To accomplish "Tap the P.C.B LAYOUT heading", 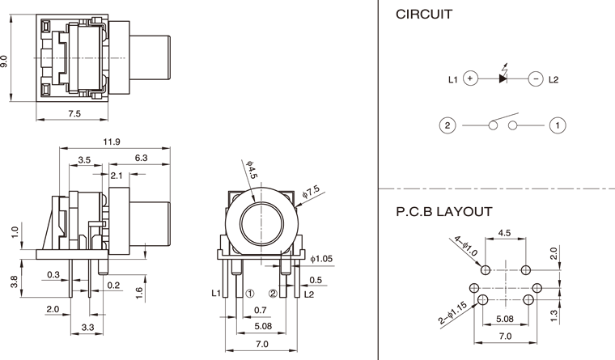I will click(443, 212).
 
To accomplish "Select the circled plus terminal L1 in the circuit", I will click(472, 79).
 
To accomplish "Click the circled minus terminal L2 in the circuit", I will click(535, 79).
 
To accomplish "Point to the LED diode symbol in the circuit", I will click(503, 78).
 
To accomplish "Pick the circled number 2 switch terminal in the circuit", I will click(446, 125).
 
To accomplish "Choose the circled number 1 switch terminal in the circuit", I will click(557, 125).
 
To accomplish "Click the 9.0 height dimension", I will click(6, 61).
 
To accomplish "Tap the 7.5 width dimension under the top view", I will click(74, 114).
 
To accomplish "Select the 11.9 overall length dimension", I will click(112, 142).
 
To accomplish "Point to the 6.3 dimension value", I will click(140, 159).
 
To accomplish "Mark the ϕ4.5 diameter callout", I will click(251, 170).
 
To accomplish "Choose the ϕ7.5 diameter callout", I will click(310, 191).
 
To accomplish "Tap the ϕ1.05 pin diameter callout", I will click(322, 259).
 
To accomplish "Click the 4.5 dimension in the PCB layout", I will click(504, 232).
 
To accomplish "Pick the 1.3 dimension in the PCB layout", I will click(556, 314).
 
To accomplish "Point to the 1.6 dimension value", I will click(140, 291).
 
